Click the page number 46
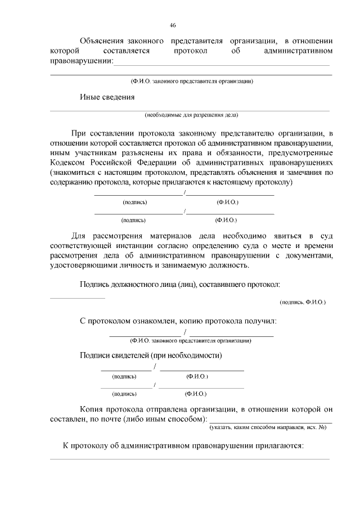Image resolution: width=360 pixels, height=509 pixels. click(x=173, y=25)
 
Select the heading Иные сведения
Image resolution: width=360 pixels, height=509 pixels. click(x=107, y=97)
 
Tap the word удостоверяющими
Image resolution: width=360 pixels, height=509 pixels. click(x=85, y=265)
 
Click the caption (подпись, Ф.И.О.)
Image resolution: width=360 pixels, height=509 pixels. click(x=303, y=302)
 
